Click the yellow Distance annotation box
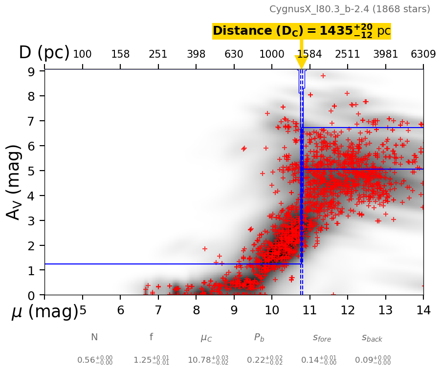(x=301, y=31)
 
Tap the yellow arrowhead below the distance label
(x=301, y=62)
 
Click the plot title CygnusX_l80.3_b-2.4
(x=350, y=9)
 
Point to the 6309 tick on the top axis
(x=423, y=54)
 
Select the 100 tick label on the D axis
(x=82, y=54)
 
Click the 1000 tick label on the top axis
(x=272, y=54)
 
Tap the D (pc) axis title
(x=44, y=53)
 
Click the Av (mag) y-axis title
(x=15, y=182)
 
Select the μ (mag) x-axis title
(x=45, y=311)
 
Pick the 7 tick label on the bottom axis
(x=158, y=310)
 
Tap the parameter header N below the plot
(x=94, y=337)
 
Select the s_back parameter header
(x=372, y=338)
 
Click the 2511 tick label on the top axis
(x=348, y=54)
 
